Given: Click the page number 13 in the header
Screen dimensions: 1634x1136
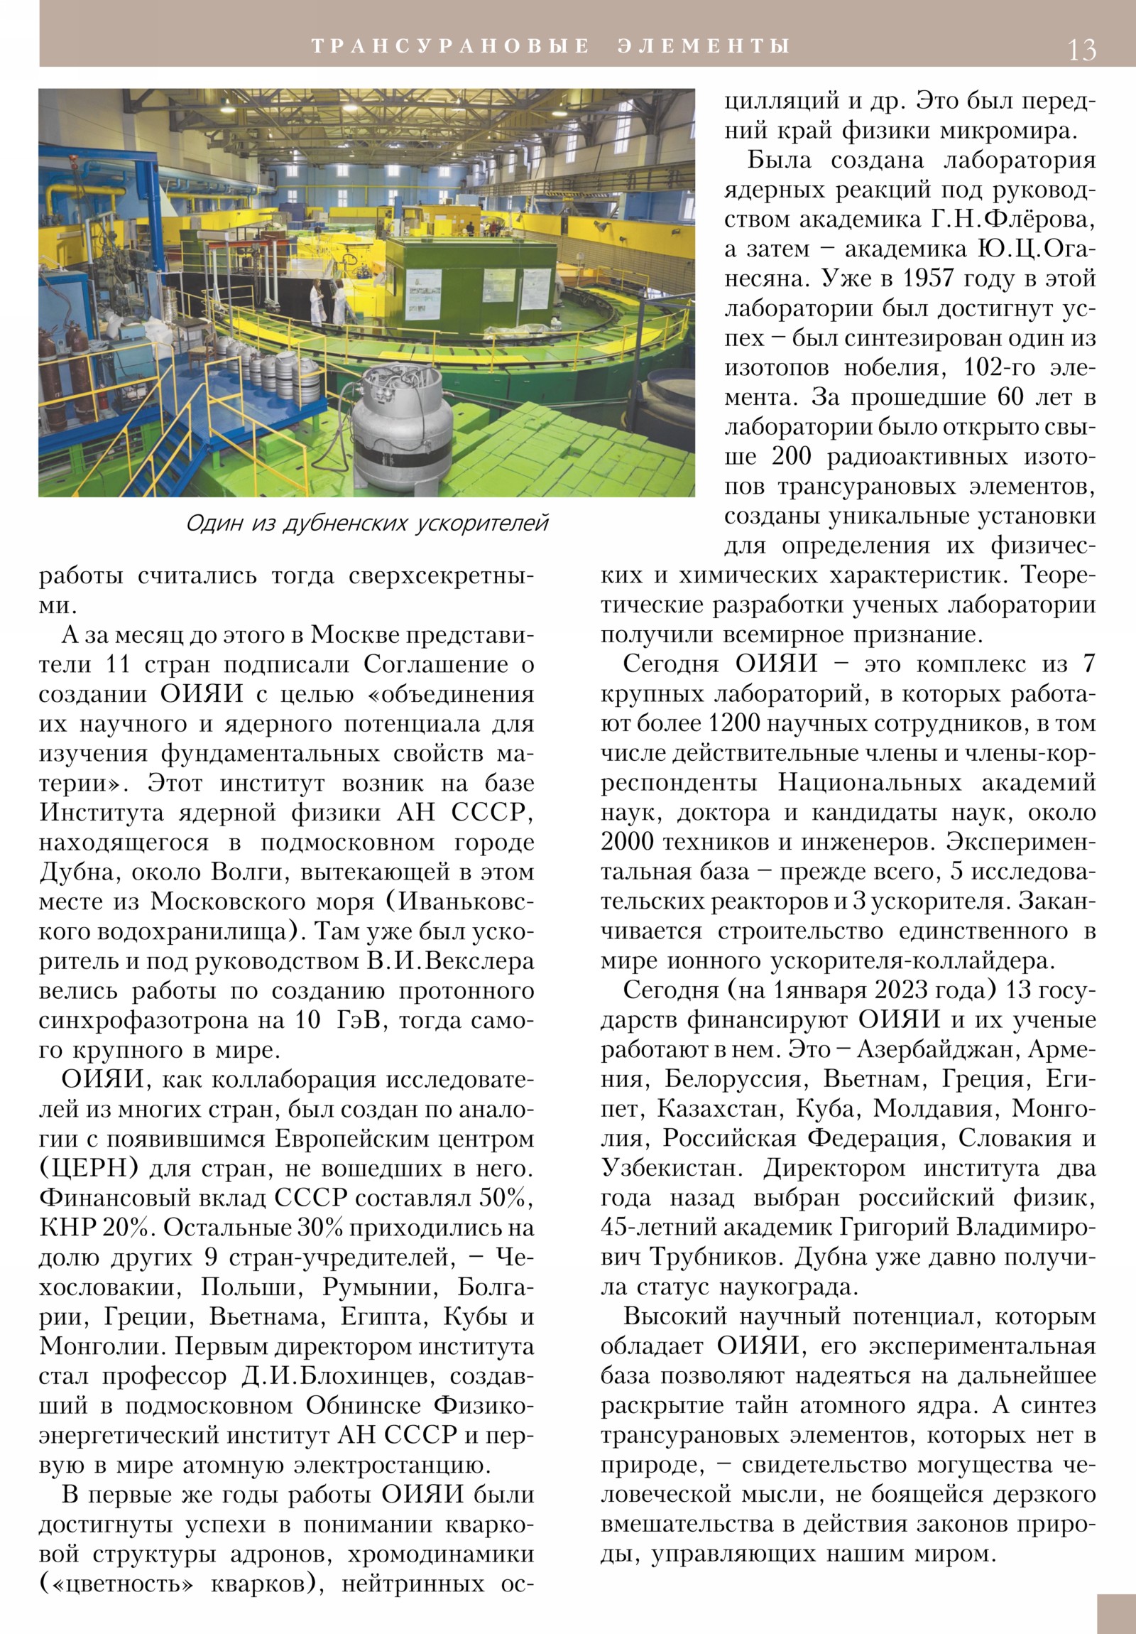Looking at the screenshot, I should tap(1081, 49).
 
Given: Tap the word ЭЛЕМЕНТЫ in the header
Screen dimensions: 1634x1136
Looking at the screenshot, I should tap(704, 46).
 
